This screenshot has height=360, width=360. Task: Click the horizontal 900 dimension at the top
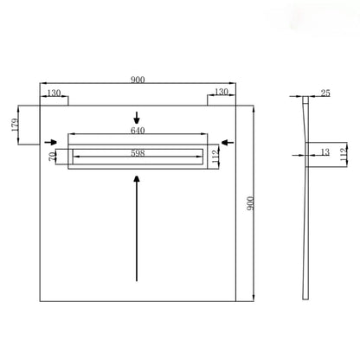(138, 80)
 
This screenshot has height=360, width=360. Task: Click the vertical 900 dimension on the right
(250, 203)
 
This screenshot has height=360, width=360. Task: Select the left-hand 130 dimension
(54, 93)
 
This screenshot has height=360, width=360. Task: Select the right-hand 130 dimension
(222, 92)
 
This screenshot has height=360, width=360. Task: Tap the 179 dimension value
(15, 125)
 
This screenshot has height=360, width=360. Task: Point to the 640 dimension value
(138, 131)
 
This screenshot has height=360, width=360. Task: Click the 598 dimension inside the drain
(138, 153)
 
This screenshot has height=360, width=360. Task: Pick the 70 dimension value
(52, 157)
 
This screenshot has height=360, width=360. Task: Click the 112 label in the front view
(215, 157)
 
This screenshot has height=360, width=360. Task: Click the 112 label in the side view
(343, 155)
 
